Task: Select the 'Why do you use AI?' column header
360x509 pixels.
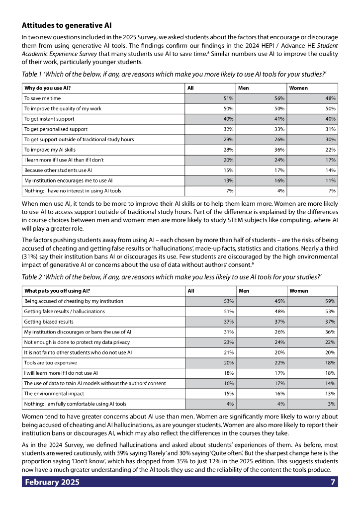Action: click(x=48, y=88)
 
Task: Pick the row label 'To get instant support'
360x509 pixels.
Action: click(x=49, y=119)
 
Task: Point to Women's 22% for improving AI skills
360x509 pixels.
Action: click(x=330, y=150)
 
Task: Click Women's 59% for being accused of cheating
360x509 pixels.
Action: click(x=330, y=301)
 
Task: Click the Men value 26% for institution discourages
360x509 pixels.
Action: click(x=278, y=332)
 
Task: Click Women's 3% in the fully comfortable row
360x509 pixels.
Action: click(x=332, y=404)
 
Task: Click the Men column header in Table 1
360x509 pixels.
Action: click(x=244, y=88)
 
